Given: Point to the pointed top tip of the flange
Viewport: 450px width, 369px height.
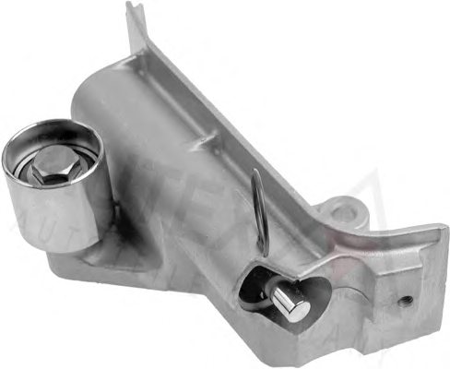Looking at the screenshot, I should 136,7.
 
